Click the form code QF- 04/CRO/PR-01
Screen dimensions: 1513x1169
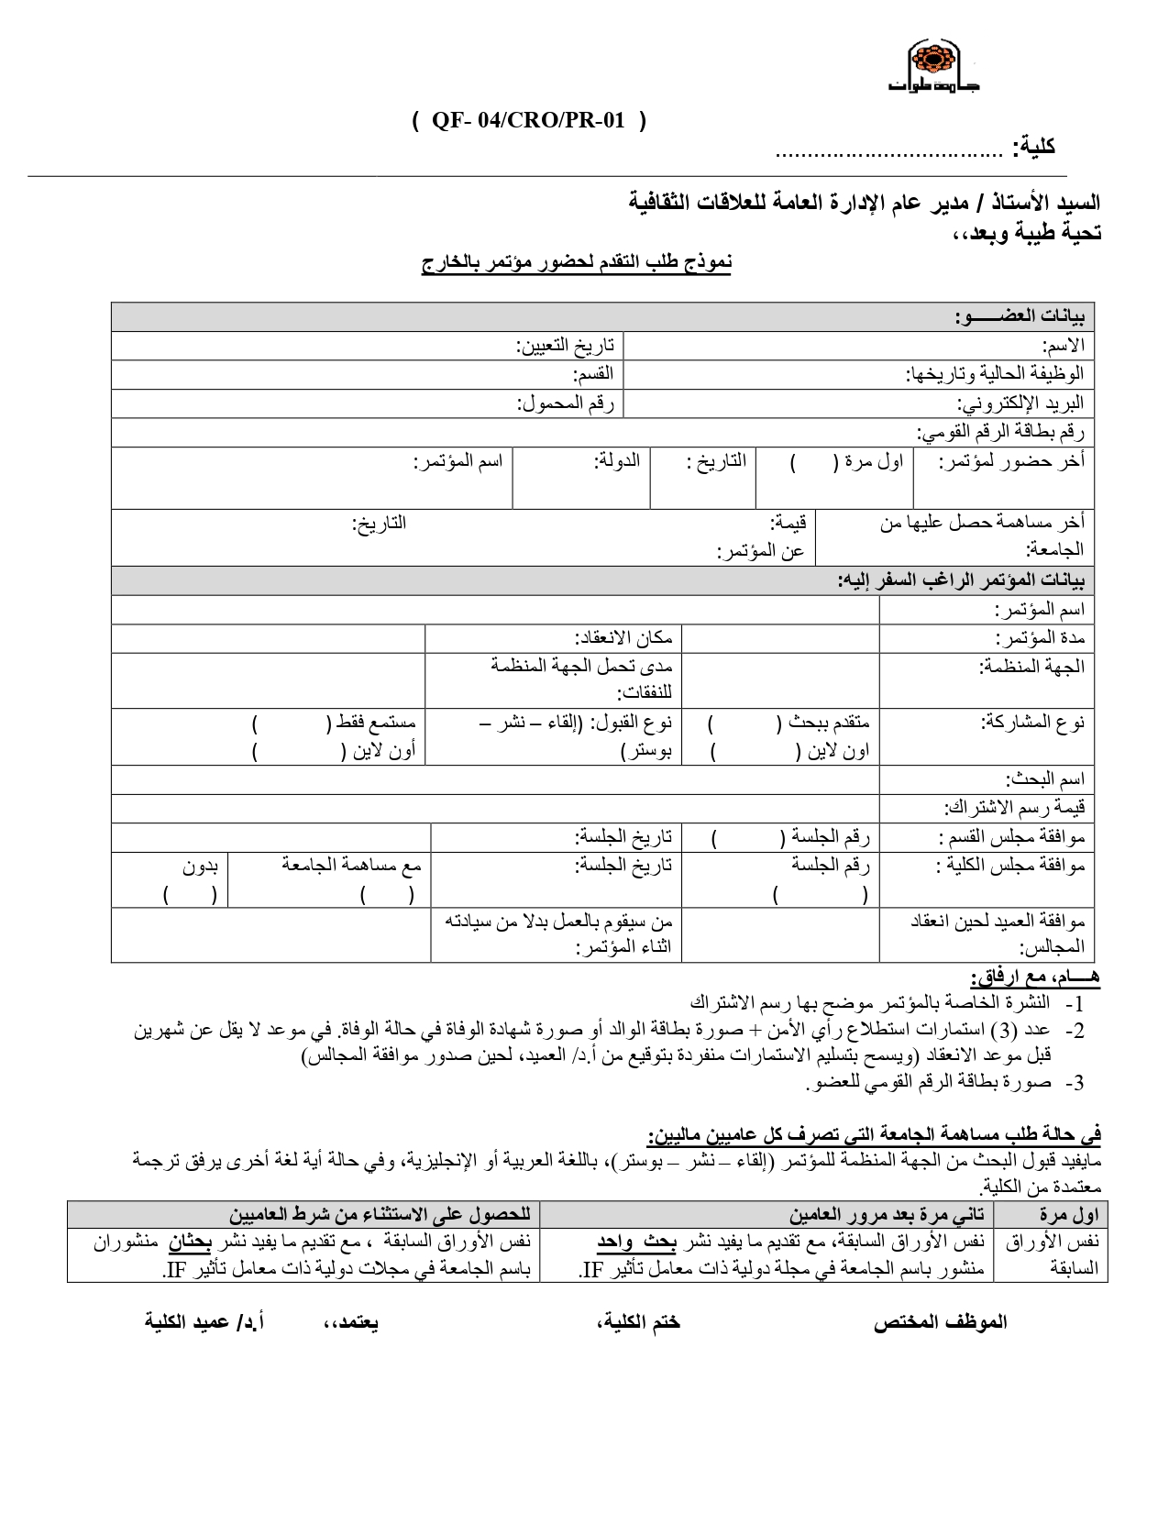(529, 121)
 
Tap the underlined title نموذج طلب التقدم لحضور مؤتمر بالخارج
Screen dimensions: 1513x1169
(577, 264)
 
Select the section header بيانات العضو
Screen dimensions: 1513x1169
(1020, 317)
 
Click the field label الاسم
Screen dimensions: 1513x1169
(1064, 346)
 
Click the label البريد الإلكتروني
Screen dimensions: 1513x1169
(1021, 403)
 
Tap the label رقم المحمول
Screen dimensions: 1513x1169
(566, 403)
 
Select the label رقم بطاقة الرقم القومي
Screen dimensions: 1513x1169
(1001, 432)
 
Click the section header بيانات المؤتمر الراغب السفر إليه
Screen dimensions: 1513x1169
(961, 580)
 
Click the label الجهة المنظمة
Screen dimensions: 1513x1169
(1032, 667)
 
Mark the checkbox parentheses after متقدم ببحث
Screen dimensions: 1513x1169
(745, 723)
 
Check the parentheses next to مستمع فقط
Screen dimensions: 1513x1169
(291, 723)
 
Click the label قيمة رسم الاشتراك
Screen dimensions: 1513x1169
(1015, 808)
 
